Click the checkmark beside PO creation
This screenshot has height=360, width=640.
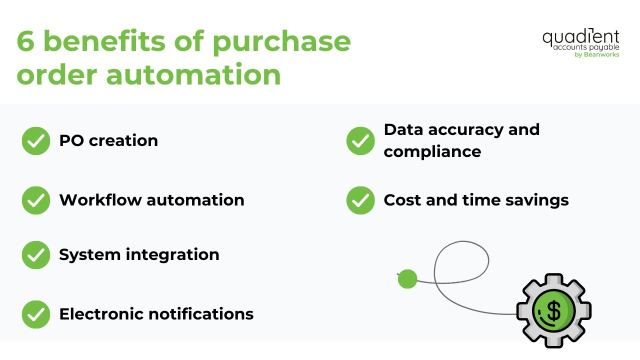click(36, 140)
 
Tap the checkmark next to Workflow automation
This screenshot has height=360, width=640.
click(36, 200)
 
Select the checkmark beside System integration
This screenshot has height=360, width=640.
click(36, 254)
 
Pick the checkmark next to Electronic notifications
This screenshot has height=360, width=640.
click(36, 314)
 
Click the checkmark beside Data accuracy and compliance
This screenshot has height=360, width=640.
click(360, 140)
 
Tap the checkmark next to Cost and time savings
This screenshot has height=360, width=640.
click(360, 200)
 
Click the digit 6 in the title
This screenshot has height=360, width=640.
click(26, 41)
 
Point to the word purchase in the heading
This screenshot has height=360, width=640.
click(281, 42)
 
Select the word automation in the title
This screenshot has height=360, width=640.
click(193, 74)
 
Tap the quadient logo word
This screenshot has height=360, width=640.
click(580, 37)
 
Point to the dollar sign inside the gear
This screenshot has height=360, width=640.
click(553, 310)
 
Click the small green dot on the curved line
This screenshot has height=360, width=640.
click(407, 279)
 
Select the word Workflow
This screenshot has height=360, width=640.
click(99, 200)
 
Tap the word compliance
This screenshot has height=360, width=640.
click(432, 151)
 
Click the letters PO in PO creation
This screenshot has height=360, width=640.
click(71, 140)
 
